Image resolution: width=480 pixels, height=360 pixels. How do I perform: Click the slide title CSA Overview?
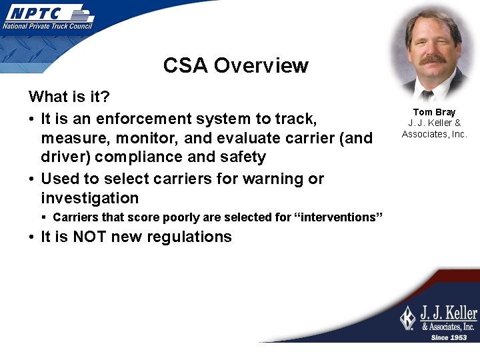(235, 65)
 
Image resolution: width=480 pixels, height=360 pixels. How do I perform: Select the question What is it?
(69, 97)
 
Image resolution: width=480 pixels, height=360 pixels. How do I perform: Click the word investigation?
(89, 198)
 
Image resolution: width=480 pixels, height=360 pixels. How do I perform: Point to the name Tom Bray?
(434, 112)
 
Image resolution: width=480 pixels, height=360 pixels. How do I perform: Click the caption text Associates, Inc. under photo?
(434, 134)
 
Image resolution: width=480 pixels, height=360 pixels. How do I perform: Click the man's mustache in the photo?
(433, 59)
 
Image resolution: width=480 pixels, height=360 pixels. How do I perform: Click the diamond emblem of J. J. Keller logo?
(407, 318)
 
